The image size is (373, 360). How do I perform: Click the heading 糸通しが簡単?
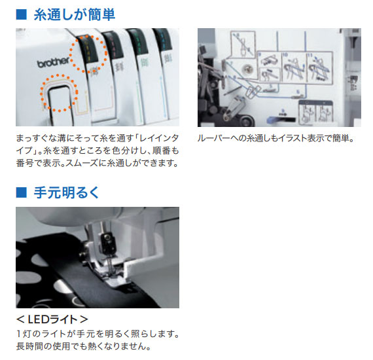pos(75,15)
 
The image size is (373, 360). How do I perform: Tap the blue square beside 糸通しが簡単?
pos(22,14)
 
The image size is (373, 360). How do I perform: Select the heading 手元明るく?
pos(66,192)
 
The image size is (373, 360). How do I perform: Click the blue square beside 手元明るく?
pos(22,192)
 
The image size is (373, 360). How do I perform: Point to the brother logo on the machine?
pos(53,62)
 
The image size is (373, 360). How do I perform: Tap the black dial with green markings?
pos(138,43)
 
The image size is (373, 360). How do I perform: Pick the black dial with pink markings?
pos(113,46)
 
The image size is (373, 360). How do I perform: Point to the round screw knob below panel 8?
pos(247,69)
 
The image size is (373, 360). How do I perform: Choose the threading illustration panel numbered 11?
pos(319,68)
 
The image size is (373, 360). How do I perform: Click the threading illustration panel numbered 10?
pos(294,68)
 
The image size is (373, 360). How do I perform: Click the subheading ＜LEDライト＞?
pos(52,319)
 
